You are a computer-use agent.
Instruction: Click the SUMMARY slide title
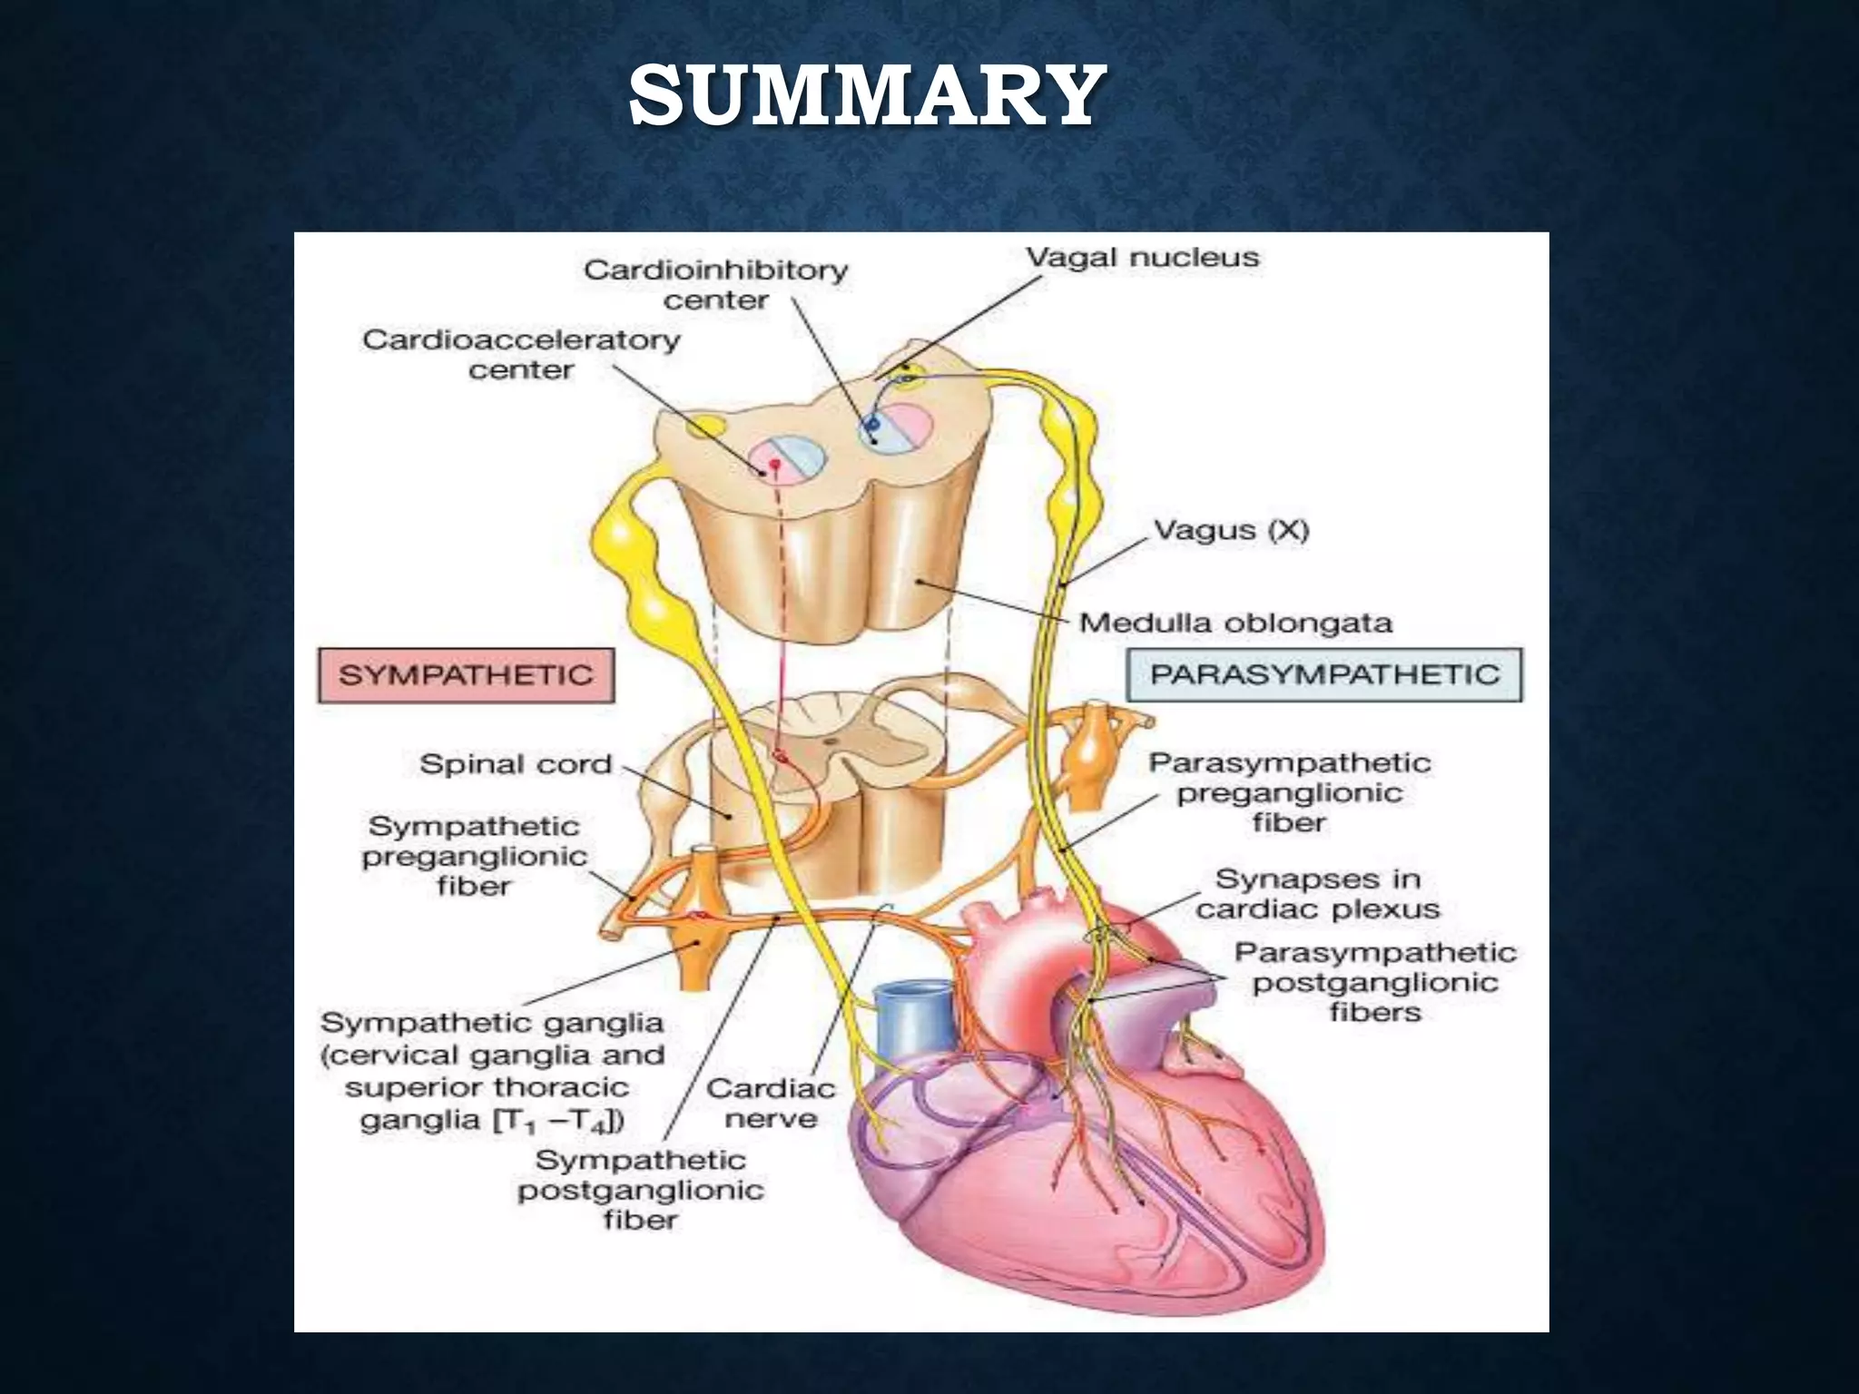coord(866,97)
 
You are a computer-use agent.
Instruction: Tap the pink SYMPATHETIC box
coord(466,675)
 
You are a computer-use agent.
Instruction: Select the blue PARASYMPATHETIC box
coord(1323,674)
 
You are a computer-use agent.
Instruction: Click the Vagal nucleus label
coord(1142,258)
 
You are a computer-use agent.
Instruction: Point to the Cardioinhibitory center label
coord(715,284)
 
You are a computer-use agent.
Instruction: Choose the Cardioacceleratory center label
coord(521,354)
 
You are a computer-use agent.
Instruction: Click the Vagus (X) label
coord(1230,530)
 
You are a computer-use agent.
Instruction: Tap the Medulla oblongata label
coord(1234,623)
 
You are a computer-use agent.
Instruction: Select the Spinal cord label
coord(516,764)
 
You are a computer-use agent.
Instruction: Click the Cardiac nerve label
coord(771,1103)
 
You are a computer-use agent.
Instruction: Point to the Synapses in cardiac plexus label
coord(1317,894)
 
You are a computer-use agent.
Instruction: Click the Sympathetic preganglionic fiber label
coord(474,856)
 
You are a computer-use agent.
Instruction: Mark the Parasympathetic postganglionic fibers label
coord(1374,982)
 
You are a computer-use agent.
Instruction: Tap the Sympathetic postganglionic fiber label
coord(640,1189)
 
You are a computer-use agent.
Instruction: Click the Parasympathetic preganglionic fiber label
coord(1289,792)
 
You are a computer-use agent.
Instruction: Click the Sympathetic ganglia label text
coord(492,1071)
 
